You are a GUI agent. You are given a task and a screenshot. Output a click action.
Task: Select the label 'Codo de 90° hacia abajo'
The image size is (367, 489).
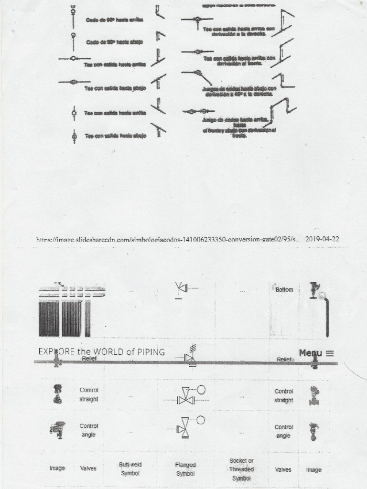(114, 42)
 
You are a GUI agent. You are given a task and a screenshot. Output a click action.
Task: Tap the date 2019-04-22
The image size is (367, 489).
(322, 239)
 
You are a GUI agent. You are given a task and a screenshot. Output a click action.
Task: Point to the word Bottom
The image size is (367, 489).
(284, 290)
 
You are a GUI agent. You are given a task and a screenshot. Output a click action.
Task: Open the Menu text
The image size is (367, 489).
(311, 353)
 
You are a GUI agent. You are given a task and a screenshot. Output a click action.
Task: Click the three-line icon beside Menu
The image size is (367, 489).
(330, 353)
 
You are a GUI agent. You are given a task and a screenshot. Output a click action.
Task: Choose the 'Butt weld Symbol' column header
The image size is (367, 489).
(130, 468)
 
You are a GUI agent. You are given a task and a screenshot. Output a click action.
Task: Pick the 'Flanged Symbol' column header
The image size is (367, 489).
(185, 469)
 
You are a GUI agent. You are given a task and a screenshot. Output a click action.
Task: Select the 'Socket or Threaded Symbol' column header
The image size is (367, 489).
(241, 469)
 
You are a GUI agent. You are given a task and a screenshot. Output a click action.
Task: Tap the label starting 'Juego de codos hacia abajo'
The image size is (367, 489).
(239, 91)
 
